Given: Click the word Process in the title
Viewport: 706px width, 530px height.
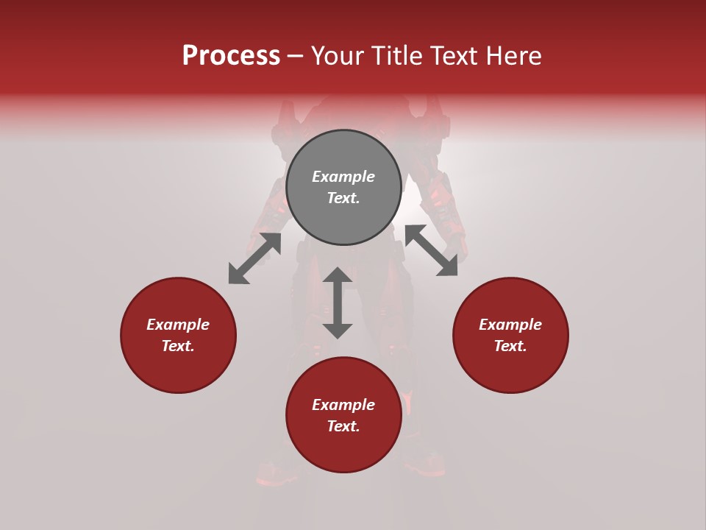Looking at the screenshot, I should tap(231, 56).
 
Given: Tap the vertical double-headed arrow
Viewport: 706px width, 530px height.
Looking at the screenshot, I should tap(338, 303).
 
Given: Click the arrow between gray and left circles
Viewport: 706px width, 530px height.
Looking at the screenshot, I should tap(254, 258).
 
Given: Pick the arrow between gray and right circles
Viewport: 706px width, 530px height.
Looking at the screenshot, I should tap(431, 250).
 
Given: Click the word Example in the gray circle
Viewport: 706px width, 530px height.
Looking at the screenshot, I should tap(343, 177).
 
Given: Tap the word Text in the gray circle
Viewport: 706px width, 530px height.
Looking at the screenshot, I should tap(343, 198).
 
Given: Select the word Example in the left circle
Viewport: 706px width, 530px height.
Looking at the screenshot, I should tap(178, 325).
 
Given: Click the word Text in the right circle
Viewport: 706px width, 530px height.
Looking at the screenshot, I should tap(510, 346).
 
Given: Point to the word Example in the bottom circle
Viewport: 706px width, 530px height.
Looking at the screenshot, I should tap(343, 405).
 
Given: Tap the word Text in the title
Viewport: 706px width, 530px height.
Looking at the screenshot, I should tap(455, 56).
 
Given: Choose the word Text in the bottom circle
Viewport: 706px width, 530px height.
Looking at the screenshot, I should tap(343, 426).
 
